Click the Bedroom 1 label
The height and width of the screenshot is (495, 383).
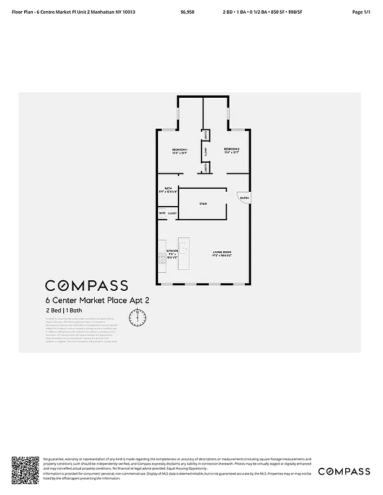[x=180, y=151]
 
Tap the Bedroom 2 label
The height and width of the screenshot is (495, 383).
[x=231, y=151]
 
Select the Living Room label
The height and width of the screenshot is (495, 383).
[x=222, y=254]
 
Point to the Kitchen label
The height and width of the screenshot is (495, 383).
[x=172, y=253]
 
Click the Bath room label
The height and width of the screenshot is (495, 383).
[x=168, y=190]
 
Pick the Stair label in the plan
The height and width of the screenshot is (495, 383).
[x=203, y=203]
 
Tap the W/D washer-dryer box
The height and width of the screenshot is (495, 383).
[x=162, y=213]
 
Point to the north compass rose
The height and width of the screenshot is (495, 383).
[x=137, y=317]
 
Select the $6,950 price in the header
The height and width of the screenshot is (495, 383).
[x=187, y=12]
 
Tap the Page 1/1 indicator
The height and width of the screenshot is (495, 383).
[x=360, y=12]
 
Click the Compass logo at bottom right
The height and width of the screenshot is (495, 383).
[x=344, y=471]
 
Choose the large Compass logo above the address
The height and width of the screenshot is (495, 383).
[x=86, y=285]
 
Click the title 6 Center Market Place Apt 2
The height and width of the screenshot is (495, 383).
[x=97, y=300]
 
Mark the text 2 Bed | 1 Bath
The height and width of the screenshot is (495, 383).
[x=63, y=310]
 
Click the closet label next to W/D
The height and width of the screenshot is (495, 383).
[x=172, y=213]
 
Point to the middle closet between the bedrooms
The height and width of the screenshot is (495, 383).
[x=204, y=151]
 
